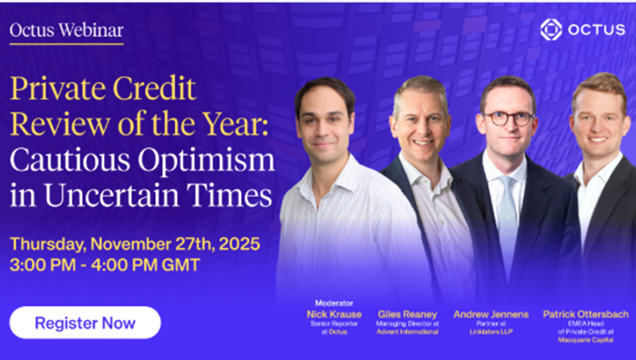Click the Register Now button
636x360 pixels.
pyautogui.click(x=85, y=323)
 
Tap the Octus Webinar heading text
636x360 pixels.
pyautogui.click(x=67, y=31)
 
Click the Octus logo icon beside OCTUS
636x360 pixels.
pyautogui.click(x=551, y=29)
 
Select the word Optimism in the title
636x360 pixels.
pyautogui.click(x=206, y=161)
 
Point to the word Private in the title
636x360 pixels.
pyautogui.click(x=59, y=89)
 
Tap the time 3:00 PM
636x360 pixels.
pyautogui.click(x=42, y=265)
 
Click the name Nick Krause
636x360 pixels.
pyautogui.click(x=334, y=314)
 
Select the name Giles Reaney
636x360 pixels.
pyautogui.click(x=407, y=314)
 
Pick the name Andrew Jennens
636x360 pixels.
pyautogui.click(x=491, y=314)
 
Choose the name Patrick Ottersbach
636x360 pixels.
pyautogui.click(x=586, y=314)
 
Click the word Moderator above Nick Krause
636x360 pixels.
pyautogui.click(x=334, y=303)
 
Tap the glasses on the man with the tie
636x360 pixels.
pyautogui.click(x=508, y=119)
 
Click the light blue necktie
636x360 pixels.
pyautogui.click(x=507, y=219)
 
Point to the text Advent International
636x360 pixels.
pyautogui.click(x=407, y=331)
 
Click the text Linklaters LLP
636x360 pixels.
pyautogui.click(x=491, y=331)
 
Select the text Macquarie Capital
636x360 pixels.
pyautogui.click(x=586, y=340)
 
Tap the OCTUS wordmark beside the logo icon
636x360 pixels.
pyautogui.click(x=596, y=29)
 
